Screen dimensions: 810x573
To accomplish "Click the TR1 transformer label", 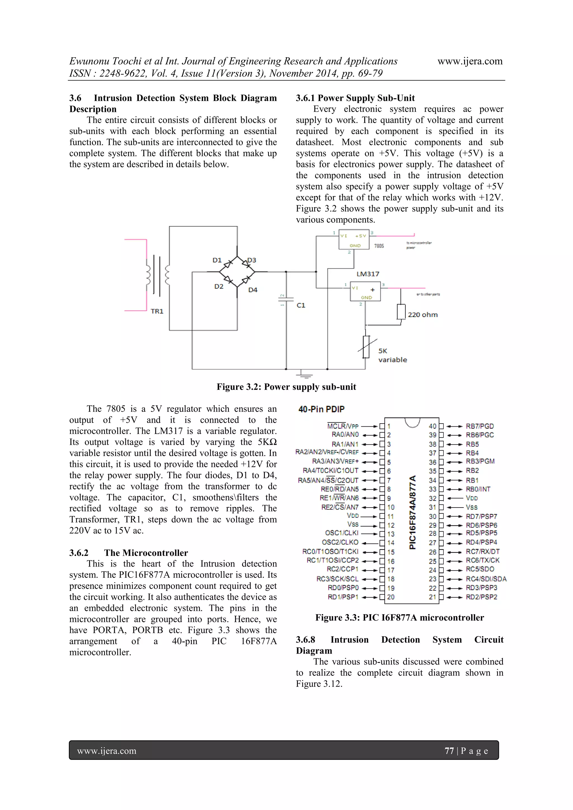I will (x=157, y=311).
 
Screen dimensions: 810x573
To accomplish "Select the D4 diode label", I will (x=253, y=290).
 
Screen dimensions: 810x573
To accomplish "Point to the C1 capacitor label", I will (x=300, y=305).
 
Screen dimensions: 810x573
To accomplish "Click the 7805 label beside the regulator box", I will (x=379, y=246).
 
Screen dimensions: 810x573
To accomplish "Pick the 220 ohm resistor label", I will (x=422, y=315).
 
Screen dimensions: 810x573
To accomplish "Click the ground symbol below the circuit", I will (x=304, y=374).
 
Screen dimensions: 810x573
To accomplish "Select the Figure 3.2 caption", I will (x=286, y=387).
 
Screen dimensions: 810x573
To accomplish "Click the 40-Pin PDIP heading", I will (x=321, y=409).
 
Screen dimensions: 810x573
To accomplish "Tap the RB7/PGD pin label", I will (x=480, y=426).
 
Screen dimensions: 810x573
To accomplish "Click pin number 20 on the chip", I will (x=391, y=597).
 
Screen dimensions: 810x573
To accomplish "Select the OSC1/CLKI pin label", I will (x=342, y=533).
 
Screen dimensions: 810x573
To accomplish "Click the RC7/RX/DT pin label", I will (x=482, y=551).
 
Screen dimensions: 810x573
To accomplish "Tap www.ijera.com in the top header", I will (x=470, y=61).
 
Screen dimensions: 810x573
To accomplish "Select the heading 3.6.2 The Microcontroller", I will (x=128, y=553).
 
